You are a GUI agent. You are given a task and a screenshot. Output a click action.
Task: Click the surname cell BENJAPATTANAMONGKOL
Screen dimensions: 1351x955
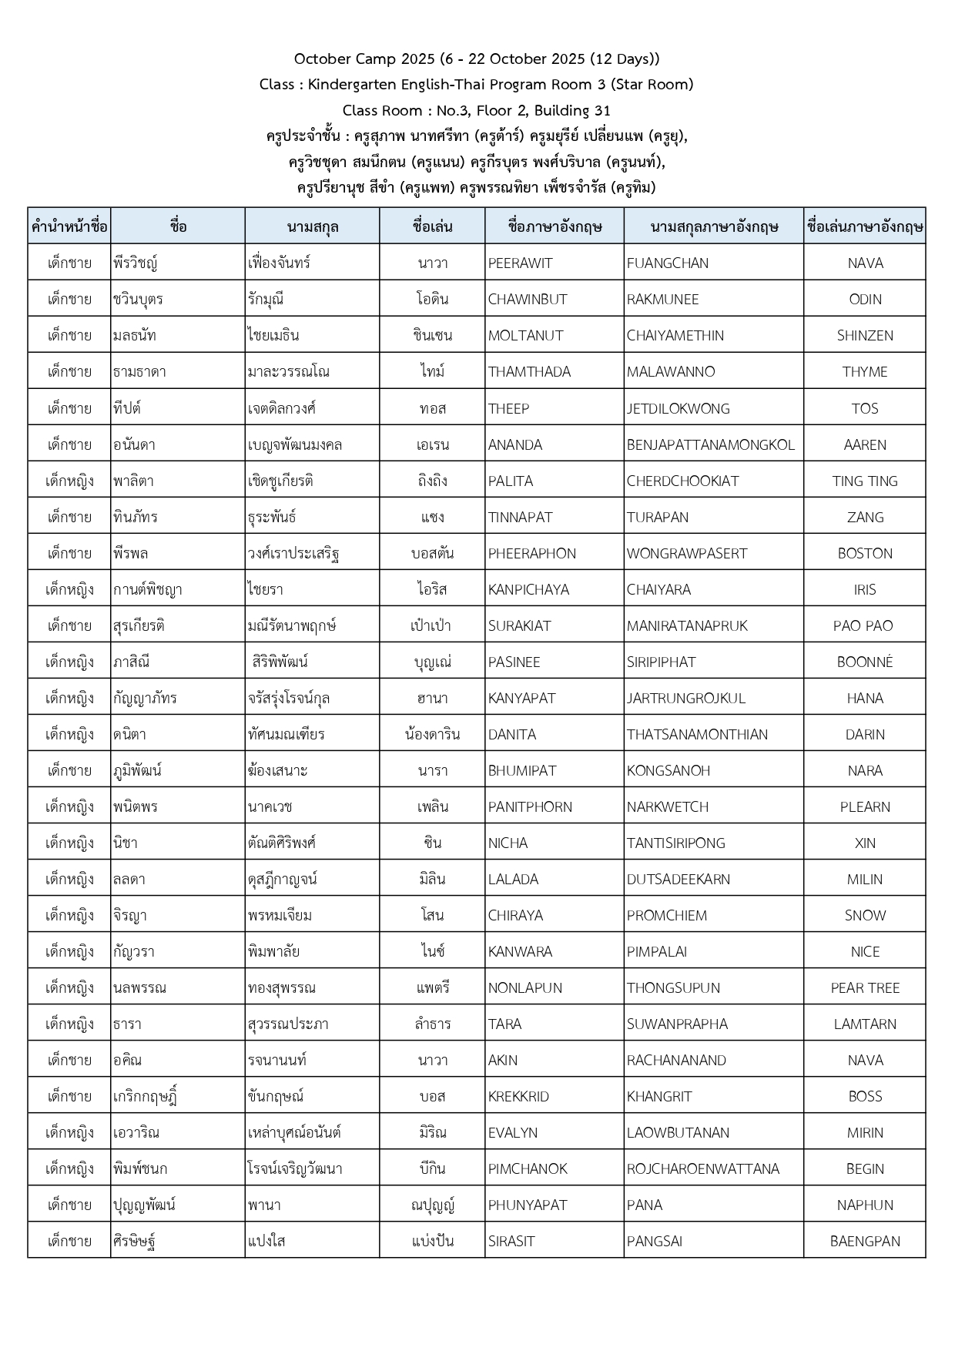710,444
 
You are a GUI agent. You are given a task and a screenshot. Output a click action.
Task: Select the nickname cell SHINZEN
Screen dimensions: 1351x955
865,336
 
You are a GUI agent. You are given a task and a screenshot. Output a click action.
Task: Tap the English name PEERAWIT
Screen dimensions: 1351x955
520,263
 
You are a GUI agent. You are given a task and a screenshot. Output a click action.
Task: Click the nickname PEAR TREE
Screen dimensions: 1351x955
865,987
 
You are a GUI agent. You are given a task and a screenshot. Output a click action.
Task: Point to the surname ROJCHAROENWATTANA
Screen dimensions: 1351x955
702,1168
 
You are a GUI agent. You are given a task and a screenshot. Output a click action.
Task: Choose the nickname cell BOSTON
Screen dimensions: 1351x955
865,553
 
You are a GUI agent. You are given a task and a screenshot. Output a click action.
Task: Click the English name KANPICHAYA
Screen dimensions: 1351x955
528,589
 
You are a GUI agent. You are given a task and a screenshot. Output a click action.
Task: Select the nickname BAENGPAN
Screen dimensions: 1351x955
865,1241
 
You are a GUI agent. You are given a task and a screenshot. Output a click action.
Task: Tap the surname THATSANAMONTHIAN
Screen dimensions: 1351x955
697,734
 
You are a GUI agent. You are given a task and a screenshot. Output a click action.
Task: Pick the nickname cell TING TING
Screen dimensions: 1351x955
865,481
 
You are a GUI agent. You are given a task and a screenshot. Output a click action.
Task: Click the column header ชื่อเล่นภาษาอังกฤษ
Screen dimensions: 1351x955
865,226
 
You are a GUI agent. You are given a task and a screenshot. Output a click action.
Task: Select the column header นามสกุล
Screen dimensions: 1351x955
312,226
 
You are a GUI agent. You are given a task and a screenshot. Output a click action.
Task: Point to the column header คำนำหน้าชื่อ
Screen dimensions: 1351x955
69,226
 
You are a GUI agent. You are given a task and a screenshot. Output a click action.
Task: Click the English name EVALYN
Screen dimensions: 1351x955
513,1132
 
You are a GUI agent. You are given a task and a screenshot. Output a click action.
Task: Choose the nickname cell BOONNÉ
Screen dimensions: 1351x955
865,662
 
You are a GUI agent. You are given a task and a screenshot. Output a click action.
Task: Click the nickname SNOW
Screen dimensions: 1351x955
865,915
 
